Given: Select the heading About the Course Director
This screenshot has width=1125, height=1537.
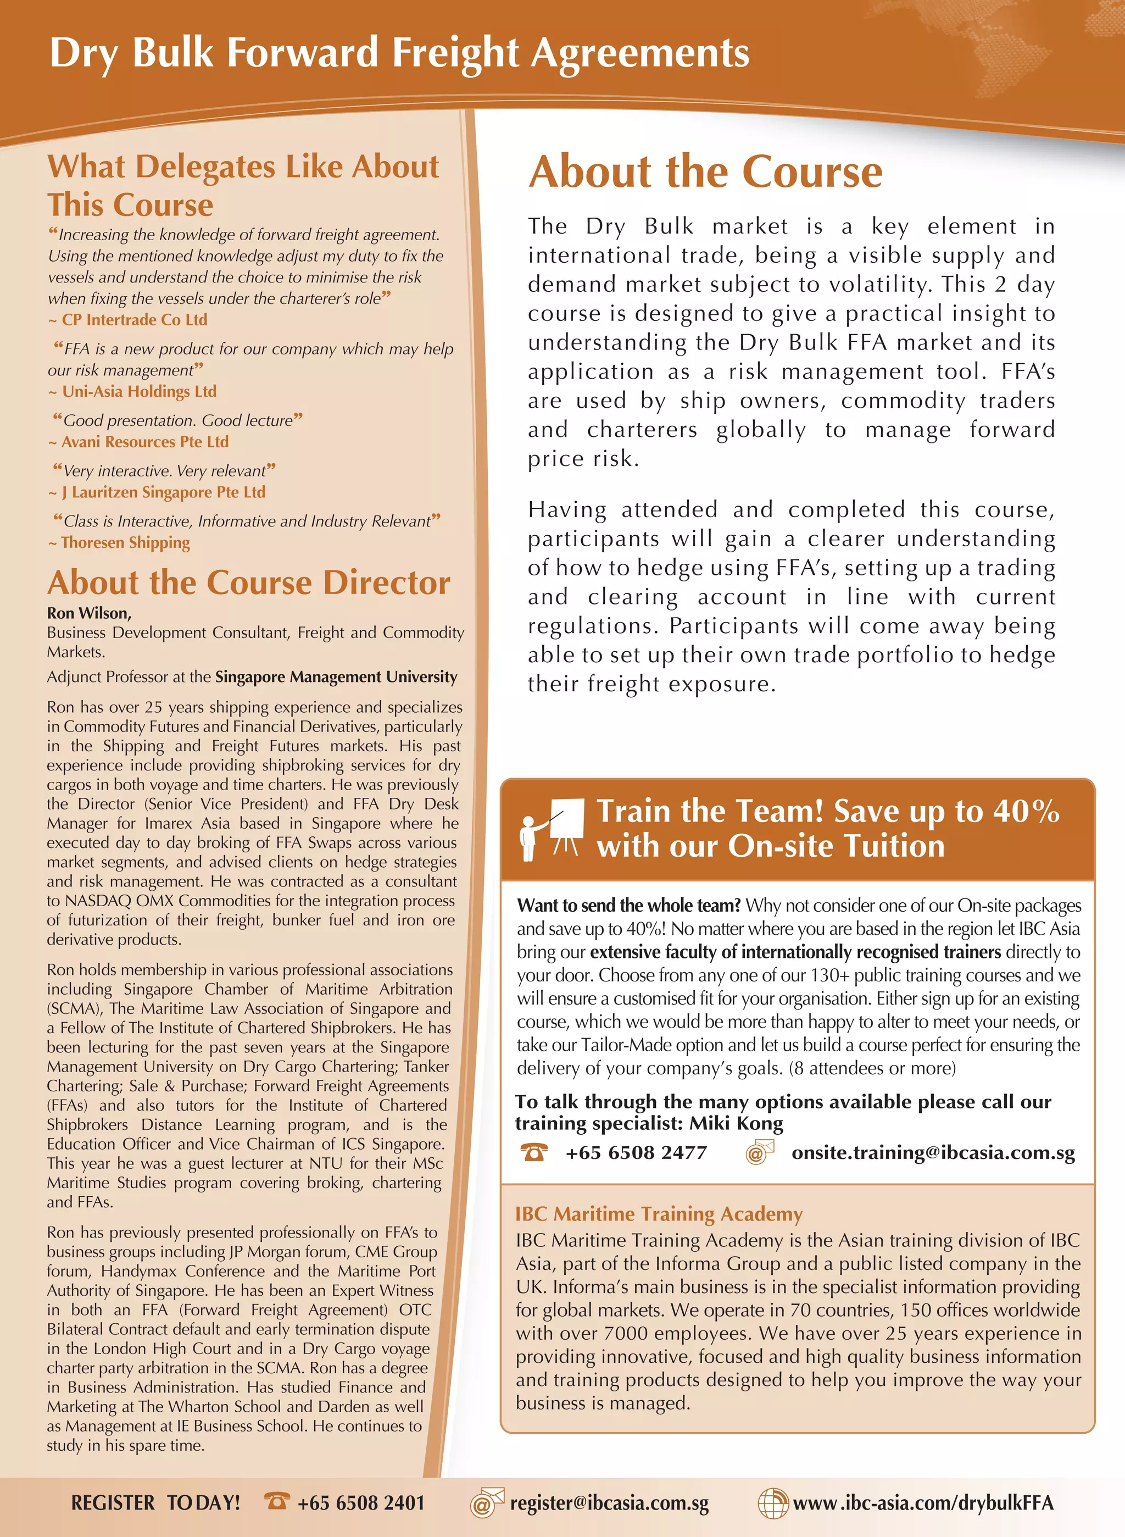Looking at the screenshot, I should tap(248, 583).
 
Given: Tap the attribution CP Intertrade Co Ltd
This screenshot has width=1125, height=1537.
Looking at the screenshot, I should tap(134, 319).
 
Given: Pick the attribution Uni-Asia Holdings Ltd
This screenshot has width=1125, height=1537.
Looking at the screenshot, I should tap(139, 392).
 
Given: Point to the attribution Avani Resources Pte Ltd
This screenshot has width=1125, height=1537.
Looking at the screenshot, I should tap(144, 442).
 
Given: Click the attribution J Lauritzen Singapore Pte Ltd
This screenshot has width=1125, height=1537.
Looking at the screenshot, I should tap(163, 492).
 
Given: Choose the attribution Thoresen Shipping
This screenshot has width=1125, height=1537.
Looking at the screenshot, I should tap(125, 543).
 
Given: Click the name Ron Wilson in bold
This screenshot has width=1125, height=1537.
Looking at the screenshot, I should tap(88, 613).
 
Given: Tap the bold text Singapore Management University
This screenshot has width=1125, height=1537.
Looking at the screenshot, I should tap(336, 677).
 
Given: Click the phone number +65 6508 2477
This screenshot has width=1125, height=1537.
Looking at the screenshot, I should tap(636, 1153).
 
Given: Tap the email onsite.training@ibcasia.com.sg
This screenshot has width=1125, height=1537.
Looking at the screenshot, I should tap(933, 1153).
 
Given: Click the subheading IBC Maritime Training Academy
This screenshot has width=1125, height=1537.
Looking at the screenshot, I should tap(659, 1214).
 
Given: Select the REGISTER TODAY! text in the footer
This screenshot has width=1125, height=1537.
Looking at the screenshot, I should tap(155, 1503).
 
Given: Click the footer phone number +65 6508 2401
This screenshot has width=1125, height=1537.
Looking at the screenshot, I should tap(361, 1503).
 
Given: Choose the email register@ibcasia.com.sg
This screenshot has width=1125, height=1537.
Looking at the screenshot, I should tap(610, 1503).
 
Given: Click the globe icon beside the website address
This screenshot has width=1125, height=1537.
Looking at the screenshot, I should tap(773, 1503).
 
